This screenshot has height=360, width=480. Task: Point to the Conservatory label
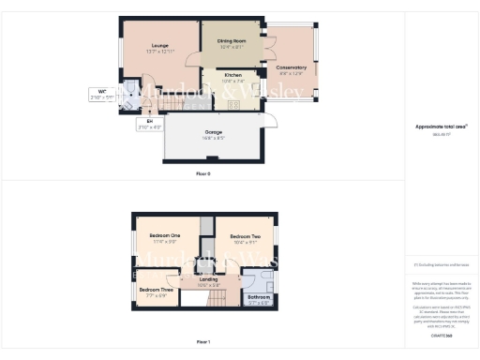point(291,67)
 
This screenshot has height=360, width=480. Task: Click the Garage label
point(213,132)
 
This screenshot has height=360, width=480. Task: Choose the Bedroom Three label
point(156,291)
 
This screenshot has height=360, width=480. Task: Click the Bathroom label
point(258,298)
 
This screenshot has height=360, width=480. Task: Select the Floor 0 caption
point(203,174)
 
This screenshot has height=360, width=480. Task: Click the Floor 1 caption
point(203,342)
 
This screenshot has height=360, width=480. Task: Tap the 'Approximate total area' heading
point(441,125)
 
